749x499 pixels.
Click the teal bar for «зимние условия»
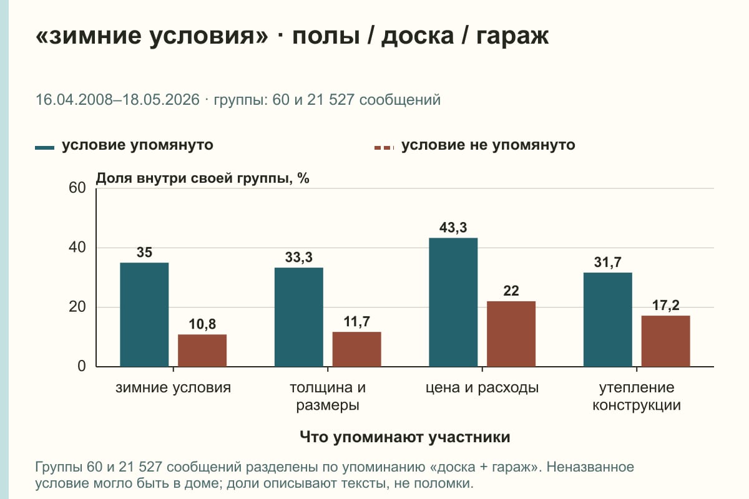pyautogui.click(x=144, y=314)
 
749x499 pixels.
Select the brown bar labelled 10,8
pyautogui.click(x=202, y=351)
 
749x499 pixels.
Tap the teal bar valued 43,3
pyautogui.click(x=453, y=302)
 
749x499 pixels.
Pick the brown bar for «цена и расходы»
pyautogui.click(x=511, y=334)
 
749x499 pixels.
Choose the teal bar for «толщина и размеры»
pyautogui.click(x=298, y=317)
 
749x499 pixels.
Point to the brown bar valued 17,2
pyautogui.click(x=665, y=341)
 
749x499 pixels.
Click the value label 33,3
pyautogui.click(x=298, y=258)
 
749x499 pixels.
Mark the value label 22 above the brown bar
pyautogui.click(x=511, y=291)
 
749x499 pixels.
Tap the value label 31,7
pyautogui.click(x=607, y=263)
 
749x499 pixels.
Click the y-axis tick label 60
pyautogui.click(x=77, y=188)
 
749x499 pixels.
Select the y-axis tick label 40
pyautogui.click(x=77, y=248)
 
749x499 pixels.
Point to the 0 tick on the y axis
pyautogui.click(x=82, y=366)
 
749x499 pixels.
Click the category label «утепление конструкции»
pyautogui.click(x=637, y=396)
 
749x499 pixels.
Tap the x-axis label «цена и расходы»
pyautogui.click(x=482, y=388)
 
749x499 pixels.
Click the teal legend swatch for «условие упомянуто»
pyautogui.click(x=44, y=148)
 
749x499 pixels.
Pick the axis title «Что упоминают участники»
pyautogui.click(x=405, y=437)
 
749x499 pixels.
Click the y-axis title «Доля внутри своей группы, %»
pyautogui.click(x=203, y=178)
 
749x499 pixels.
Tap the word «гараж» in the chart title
pyautogui.click(x=512, y=36)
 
